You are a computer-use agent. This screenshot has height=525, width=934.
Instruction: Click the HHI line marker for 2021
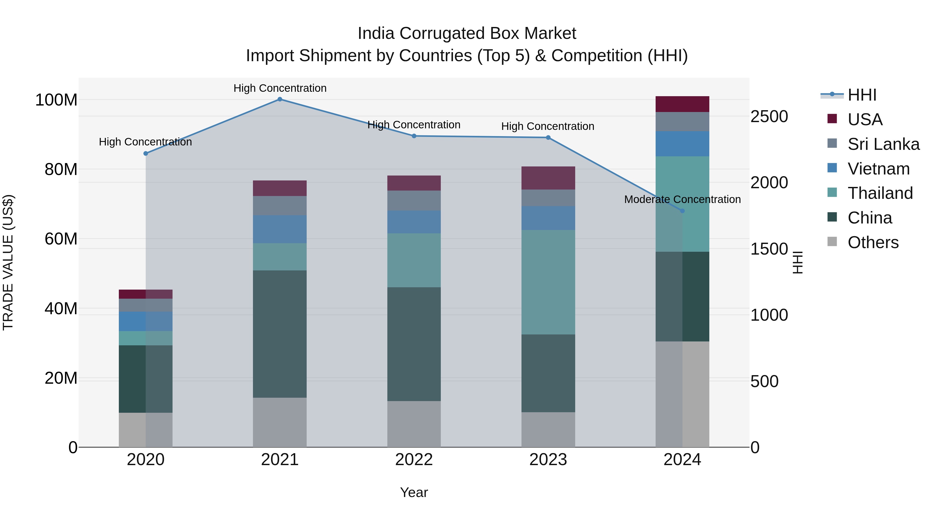pyautogui.click(x=279, y=99)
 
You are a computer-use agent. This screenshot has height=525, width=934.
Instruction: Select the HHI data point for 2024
pyautogui.click(x=682, y=211)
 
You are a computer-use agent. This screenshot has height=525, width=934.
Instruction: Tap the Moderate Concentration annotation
pyautogui.click(x=682, y=199)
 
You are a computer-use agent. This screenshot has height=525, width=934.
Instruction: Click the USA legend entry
pyautogui.click(x=865, y=120)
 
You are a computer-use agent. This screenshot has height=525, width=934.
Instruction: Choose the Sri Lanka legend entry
pyautogui.click(x=883, y=144)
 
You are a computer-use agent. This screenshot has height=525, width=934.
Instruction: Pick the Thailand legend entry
pyautogui.click(x=880, y=193)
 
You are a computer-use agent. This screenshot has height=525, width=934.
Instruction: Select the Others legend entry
pyautogui.click(x=873, y=242)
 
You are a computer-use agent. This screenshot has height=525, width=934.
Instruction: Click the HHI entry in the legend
pyautogui.click(x=862, y=95)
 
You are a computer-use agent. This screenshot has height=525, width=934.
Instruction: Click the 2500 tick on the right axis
pyautogui.click(x=769, y=117)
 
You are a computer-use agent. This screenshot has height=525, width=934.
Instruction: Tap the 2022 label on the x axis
pyautogui.click(x=414, y=460)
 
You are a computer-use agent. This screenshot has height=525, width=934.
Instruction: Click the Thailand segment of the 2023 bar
pyautogui.click(x=548, y=282)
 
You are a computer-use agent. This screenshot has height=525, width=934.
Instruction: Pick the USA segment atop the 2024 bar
pyautogui.click(x=682, y=104)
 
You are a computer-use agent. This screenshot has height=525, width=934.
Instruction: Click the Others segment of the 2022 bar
pyautogui.click(x=414, y=424)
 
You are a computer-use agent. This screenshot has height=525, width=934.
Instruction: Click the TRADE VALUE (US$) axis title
pyautogui.click(x=8, y=262)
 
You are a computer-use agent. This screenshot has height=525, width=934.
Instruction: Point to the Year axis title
pyautogui.click(x=414, y=492)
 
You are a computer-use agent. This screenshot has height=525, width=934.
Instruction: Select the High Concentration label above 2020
pyautogui.click(x=145, y=142)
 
